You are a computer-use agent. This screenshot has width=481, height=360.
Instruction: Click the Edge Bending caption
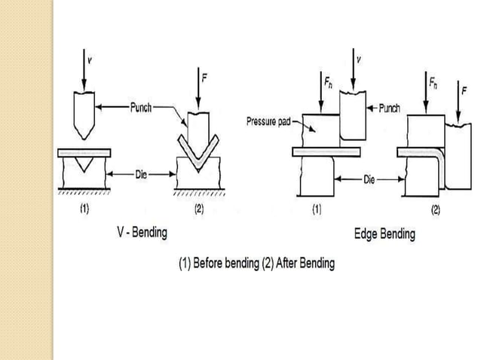(x=384, y=234)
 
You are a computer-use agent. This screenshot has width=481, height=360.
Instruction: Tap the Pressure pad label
(x=268, y=121)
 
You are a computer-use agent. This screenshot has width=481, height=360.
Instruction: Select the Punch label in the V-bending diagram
(x=141, y=108)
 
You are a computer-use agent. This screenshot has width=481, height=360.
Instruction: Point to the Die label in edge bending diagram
(x=369, y=180)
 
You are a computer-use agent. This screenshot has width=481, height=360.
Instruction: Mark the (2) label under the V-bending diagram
(x=199, y=209)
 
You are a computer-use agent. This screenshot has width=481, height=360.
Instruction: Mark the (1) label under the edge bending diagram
(x=317, y=209)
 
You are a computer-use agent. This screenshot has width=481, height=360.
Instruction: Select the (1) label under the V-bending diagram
(x=84, y=209)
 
